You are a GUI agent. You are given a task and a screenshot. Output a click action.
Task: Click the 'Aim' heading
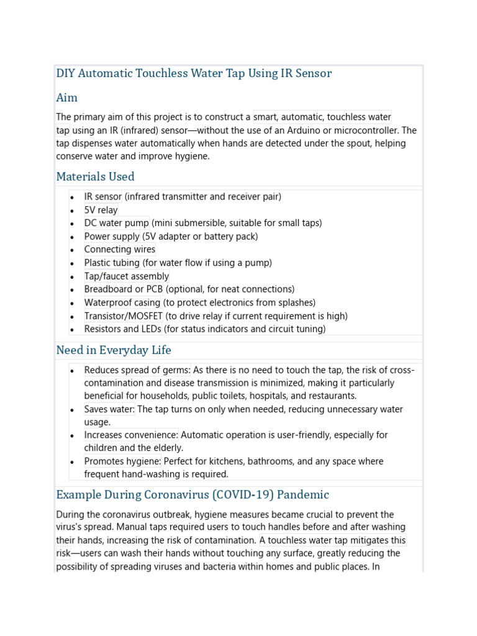(x=66, y=98)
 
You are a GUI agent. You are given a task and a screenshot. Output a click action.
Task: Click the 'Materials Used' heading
(x=95, y=177)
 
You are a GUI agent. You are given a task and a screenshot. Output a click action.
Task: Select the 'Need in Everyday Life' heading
(x=114, y=350)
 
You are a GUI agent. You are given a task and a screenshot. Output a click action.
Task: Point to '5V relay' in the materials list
(x=101, y=210)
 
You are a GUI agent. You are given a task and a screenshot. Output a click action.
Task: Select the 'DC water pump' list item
(x=117, y=223)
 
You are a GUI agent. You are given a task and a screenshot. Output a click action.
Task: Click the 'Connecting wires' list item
(x=120, y=250)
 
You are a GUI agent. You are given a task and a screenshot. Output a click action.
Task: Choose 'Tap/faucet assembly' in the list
(x=127, y=276)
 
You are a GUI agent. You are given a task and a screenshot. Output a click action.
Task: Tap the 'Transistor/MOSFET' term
(x=124, y=316)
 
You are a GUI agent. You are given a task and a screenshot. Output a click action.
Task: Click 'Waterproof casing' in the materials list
(x=122, y=303)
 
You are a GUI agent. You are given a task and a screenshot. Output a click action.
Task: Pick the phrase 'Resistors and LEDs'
(x=123, y=329)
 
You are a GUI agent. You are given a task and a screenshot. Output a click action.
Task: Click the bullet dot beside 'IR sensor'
(x=72, y=198)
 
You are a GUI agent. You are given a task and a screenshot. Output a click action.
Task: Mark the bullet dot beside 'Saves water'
(x=72, y=410)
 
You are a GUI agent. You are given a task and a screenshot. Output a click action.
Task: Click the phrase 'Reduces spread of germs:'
(x=137, y=370)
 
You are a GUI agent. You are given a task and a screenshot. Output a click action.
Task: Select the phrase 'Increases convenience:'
(x=131, y=435)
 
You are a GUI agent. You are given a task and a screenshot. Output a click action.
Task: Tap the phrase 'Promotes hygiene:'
(x=123, y=461)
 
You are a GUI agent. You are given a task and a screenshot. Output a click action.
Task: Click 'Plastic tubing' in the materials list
(x=112, y=263)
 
